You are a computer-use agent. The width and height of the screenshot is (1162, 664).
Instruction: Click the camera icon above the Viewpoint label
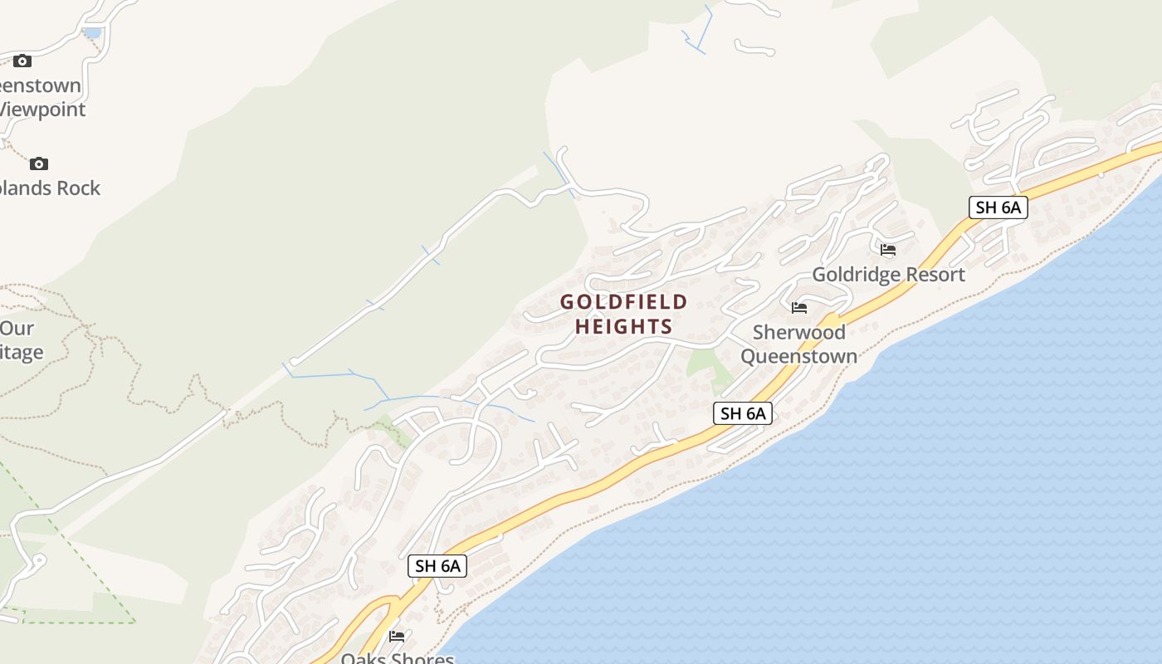point(22,61)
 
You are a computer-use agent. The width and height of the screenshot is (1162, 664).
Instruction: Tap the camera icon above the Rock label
point(39,164)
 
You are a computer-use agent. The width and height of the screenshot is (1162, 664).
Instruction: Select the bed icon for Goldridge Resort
point(888,249)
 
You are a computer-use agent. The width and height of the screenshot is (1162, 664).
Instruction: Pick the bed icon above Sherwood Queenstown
point(799,307)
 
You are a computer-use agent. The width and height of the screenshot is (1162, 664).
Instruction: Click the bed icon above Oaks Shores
point(397,637)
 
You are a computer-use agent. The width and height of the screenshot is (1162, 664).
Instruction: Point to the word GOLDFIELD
point(623,301)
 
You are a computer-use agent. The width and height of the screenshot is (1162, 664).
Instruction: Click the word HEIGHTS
point(623,326)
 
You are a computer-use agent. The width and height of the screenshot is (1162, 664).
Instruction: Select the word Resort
point(937,275)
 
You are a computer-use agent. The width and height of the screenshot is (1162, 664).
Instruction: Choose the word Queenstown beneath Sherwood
point(798,357)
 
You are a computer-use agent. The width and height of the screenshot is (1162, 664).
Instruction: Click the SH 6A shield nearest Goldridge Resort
point(998,207)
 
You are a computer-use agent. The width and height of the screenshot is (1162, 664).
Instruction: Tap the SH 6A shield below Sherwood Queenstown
point(742,413)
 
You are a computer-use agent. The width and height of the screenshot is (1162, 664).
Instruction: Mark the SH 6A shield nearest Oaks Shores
point(437,566)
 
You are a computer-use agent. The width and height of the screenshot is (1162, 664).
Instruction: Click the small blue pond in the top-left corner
point(93,33)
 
